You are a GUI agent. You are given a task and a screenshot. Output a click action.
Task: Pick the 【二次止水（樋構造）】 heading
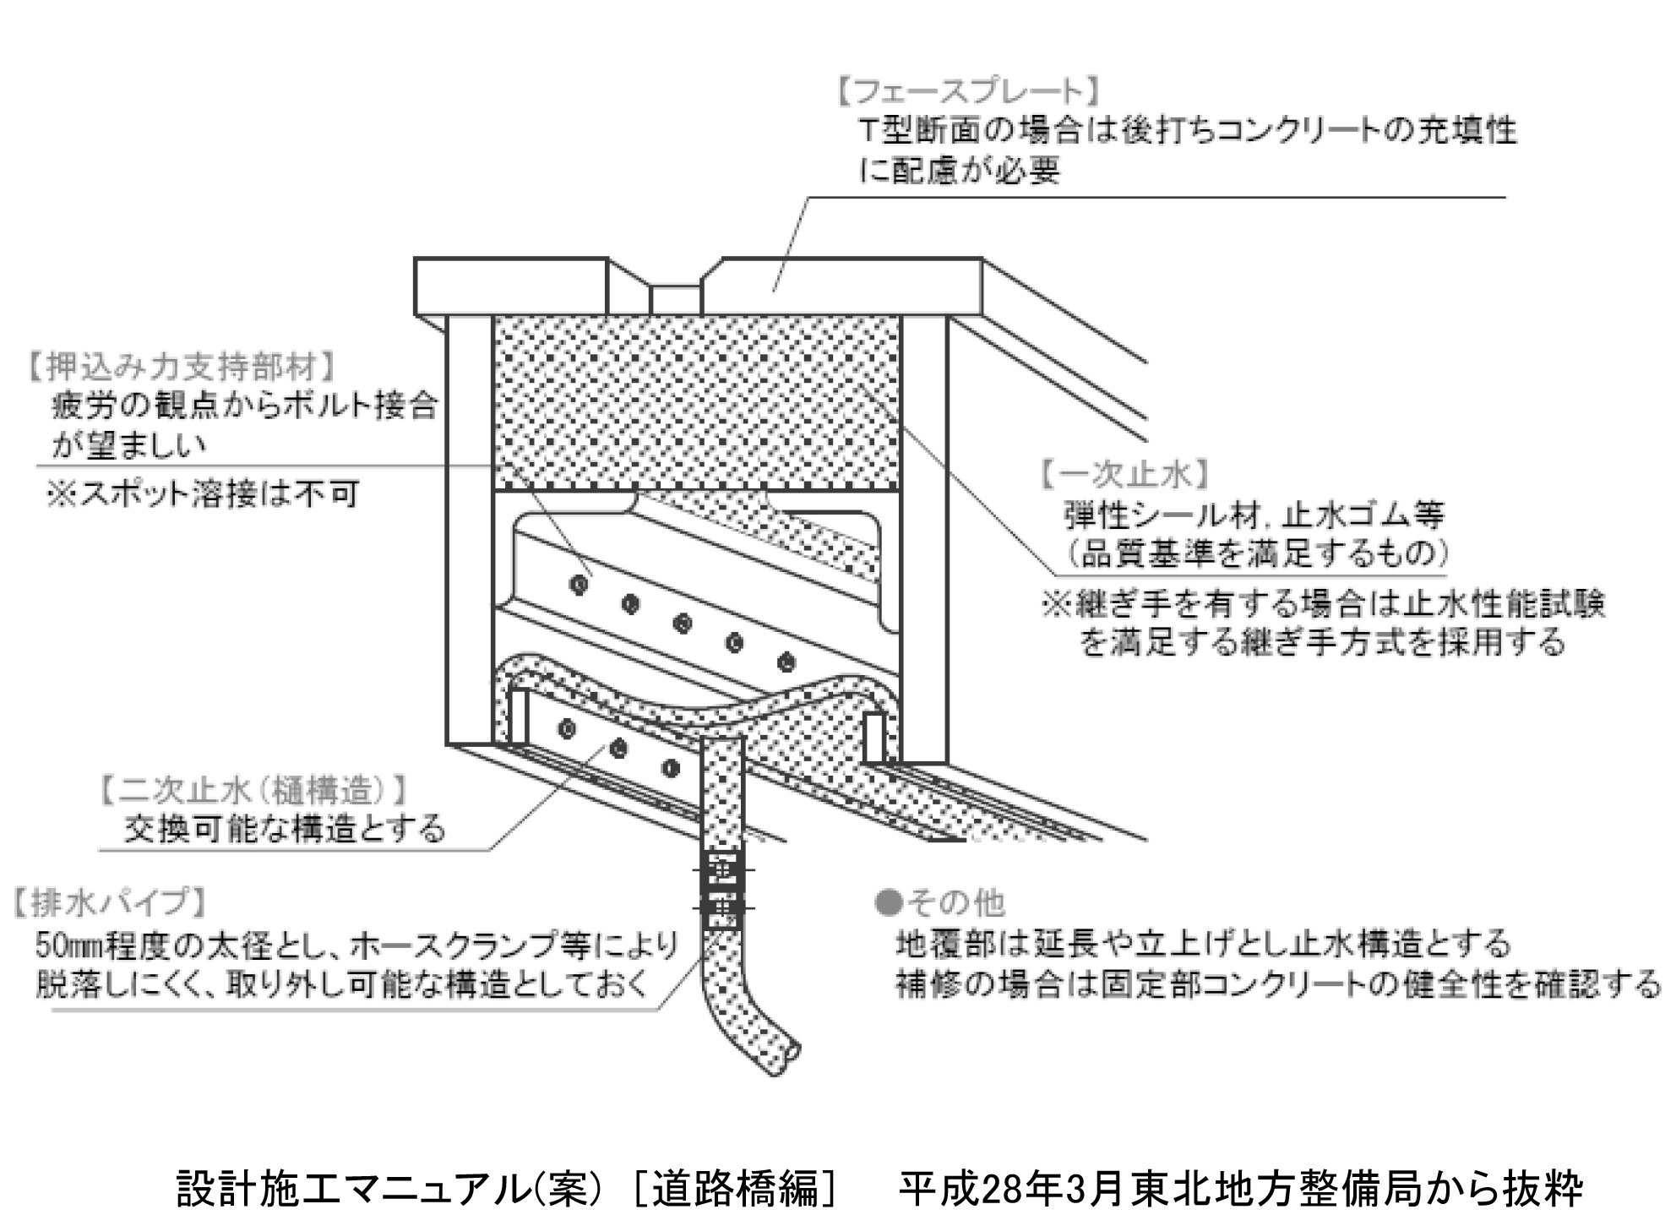(x=253, y=791)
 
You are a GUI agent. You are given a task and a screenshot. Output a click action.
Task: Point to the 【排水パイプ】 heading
(x=110, y=902)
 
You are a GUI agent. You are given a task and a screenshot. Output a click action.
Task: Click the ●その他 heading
(x=940, y=903)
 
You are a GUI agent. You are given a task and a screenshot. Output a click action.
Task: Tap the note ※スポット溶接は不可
(x=203, y=494)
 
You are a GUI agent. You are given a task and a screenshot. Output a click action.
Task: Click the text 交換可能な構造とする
(x=284, y=829)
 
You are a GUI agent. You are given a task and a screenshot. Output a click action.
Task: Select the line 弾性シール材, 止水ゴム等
(x=1254, y=515)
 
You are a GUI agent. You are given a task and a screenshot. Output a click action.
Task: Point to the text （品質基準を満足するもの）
(x=1257, y=553)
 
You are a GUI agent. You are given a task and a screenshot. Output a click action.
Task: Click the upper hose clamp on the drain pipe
(x=723, y=869)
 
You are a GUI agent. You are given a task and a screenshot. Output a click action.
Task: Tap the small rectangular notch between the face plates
(x=675, y=299)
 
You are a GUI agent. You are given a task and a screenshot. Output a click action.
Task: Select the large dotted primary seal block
(x=696, y=402)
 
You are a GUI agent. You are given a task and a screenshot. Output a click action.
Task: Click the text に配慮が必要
(x=960, y=171)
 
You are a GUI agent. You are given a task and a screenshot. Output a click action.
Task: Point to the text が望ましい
(x=129, y=445)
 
